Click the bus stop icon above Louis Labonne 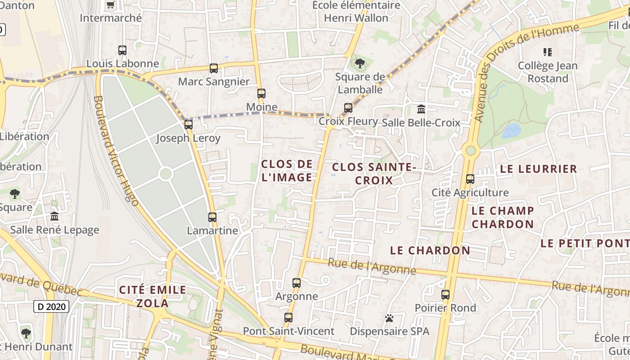[122, 50]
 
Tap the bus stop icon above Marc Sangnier [214, 68]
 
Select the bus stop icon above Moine [261, 94]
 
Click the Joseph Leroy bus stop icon [189, 125]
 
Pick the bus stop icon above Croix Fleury [348, 108]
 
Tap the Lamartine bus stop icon [212, 217]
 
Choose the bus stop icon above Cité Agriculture [470, 179]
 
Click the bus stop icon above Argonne [296, 283]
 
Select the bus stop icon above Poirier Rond [445, 295]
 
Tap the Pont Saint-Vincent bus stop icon [288, 318]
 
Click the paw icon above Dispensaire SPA [389, 318]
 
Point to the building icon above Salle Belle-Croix [421, 109]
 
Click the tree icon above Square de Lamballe [360, 63]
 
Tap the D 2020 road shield [51, 307]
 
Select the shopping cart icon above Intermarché [110, 5]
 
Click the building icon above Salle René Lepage [54, 216]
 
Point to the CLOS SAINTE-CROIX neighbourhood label [373, 174]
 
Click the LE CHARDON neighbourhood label [430, 250]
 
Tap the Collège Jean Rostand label [548, 72]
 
